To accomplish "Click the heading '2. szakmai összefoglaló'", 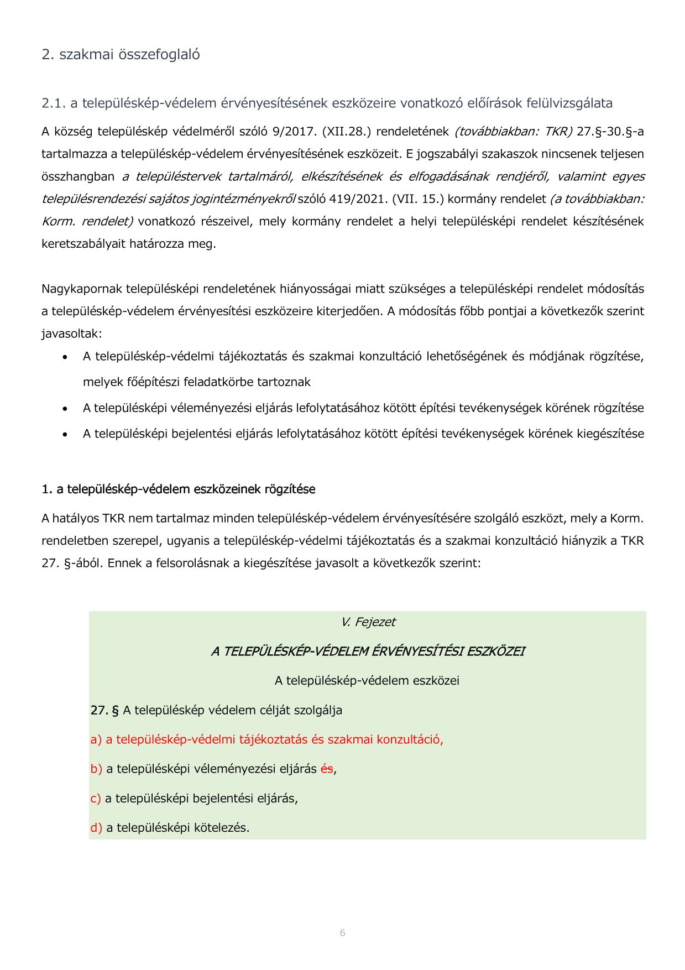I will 121,54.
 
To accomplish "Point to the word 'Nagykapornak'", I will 82,289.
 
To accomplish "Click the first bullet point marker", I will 65,357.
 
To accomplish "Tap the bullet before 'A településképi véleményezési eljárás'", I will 65,409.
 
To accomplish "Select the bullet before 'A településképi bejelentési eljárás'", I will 65,435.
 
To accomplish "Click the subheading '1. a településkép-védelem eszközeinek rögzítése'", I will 178,489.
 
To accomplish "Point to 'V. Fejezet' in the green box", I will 368,622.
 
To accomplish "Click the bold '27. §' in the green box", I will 104,710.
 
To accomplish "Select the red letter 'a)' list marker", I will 96,740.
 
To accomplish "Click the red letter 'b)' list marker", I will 96,769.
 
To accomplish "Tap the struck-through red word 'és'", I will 327,769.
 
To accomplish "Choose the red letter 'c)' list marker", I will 96,799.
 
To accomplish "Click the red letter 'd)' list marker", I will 96,828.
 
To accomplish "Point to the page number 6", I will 343,933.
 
